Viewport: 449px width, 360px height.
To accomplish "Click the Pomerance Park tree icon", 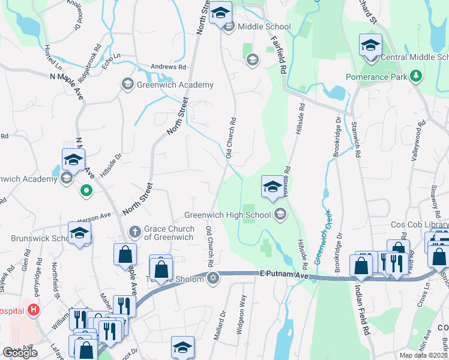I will tap(415, 77).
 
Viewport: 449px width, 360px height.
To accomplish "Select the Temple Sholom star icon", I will tap(212, 278).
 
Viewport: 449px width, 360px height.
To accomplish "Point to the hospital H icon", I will tap(34, 310).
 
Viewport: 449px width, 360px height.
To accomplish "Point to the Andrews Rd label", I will tap(168, 68).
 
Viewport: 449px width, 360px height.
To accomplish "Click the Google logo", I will tap(20, 353).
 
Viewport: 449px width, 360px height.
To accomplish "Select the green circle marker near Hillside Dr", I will tap(86, 192).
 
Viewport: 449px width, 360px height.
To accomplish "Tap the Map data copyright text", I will tap(424, 355).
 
